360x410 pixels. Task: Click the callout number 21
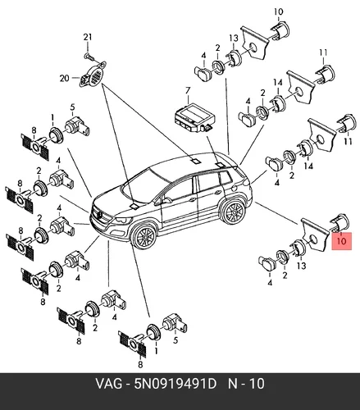[x=88, y=37]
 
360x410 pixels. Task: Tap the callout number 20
[x=65, y=79]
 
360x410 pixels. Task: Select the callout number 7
[x=188, y=90]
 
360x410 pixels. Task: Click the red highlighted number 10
[x=342, y=241]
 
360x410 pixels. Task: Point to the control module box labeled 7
[x=194, y=117]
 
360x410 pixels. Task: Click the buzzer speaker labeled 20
[x=93, y=75]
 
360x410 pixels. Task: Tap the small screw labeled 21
[x=89, y=57]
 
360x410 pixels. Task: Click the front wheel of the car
[x=144, y=235]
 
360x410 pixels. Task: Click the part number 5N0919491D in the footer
[x=175, y=384]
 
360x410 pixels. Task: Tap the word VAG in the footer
[x=108, y=384]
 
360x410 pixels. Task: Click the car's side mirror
[x=166, y=200]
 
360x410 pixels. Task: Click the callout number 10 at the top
[x=278, y=11]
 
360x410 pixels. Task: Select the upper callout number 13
[x=234, y=39]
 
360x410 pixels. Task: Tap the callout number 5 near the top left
[x=72, y=107]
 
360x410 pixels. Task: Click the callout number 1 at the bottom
[x=157, y=351]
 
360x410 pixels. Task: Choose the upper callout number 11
[x=323, y=52]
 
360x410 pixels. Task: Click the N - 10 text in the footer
[x=246, y=384]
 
